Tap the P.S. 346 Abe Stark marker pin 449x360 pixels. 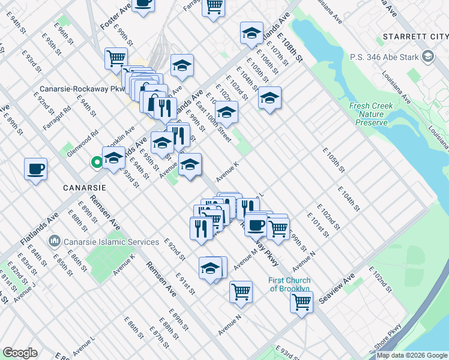coord(428,58)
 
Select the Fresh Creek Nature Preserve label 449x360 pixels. coord(373,114)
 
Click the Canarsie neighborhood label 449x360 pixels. coord(85,187)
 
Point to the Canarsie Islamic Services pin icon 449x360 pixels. coord(55,241)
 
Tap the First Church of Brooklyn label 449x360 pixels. coord(290,284)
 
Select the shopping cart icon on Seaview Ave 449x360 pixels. coord(301,301)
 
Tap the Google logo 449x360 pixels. coord(20,353)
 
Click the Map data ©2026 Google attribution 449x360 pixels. coord(412,355)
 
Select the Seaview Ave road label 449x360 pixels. coord(337,289)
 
